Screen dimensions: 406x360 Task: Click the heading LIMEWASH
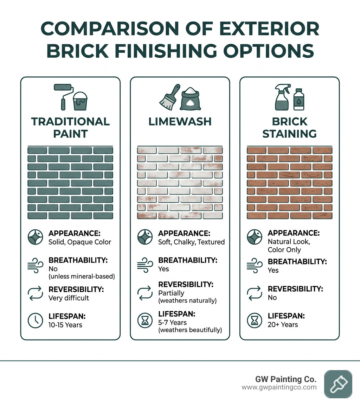click(x=180, y=122)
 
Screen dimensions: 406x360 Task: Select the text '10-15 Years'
click(x=65, y=325)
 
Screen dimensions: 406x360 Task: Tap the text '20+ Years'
click(x=283, y=324)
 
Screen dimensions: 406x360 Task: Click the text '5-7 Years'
click(x=173, y=322)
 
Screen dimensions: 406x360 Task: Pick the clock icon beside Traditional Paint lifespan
click(x=35, y=320)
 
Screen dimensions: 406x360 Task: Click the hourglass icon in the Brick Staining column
click(x=254, y=320)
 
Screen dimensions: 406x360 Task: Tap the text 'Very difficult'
click(x=69, y=298)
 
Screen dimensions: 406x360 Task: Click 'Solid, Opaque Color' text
click(x=79, y=242)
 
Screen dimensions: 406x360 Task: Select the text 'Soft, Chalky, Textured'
click(x=191, y=242)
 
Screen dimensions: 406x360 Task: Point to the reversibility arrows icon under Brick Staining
click(x=254, y=293)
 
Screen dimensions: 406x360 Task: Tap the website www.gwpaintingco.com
click(x=279, y=387)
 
